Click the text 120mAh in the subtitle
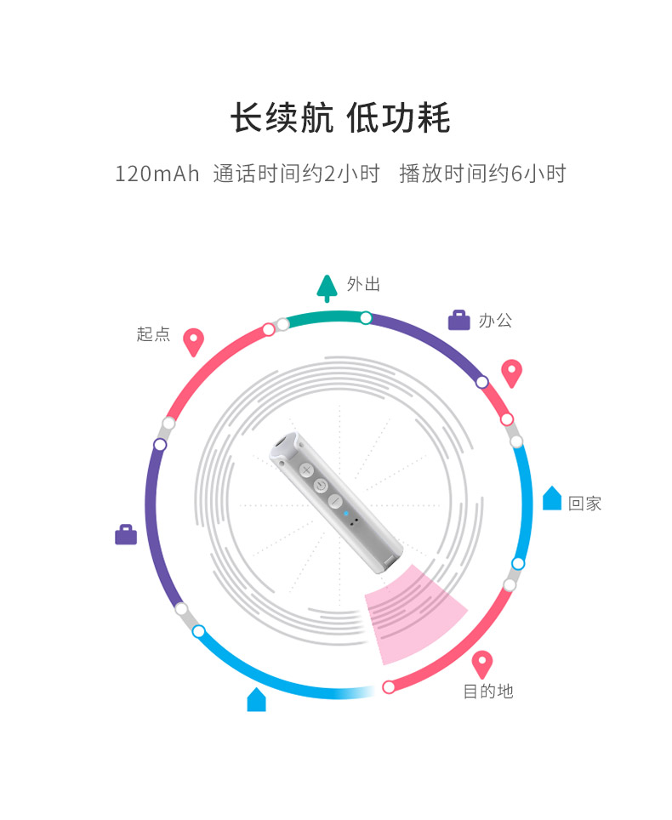tap(157, 174)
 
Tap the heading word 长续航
tap(282, 118)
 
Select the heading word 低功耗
tap(399, 118)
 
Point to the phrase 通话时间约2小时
tap(296, 174)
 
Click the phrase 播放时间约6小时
tap(482, 174)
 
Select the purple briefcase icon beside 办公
tap(458, 321)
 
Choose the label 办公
tap(495, 322)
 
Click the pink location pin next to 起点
tap(194, 341)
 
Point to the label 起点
tap(153, 334)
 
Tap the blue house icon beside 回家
tap(552, 498)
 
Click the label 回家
tap(584, 504)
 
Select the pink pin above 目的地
tap(482, 663)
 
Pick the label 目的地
tap(488, 692)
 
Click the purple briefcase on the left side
tap(126, 535)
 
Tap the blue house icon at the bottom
tap(256, 700)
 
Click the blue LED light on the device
tap(345, 513)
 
